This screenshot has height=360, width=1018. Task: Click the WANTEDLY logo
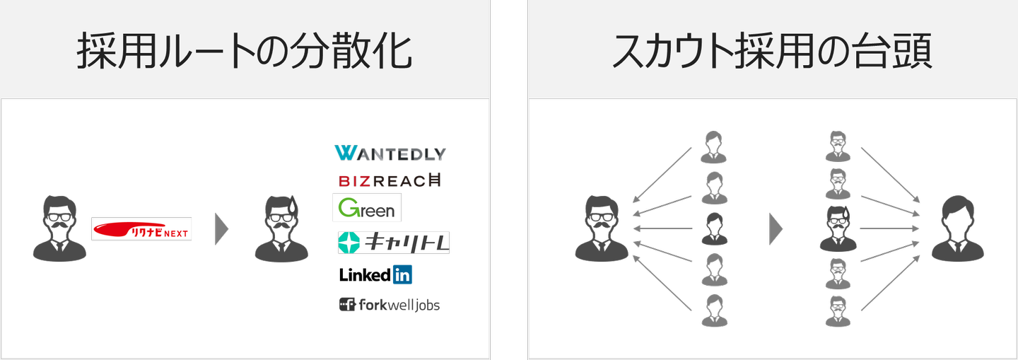click(x=390, y=153)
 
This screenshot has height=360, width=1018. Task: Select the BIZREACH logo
click(x=390, y=181)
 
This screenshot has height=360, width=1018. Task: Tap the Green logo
click(x=367, y=208)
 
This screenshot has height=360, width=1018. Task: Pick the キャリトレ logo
click(x=394, y=243)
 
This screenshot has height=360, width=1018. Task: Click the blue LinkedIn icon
click(x=402, y=275)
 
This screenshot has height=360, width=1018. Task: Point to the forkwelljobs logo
click(x=390, y=306)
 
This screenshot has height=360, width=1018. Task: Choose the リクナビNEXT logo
click(x=141, y=229)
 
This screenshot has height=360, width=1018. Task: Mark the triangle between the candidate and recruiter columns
click(x=776, y=229)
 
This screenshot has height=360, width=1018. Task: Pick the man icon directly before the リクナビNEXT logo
click(x=59, y=228)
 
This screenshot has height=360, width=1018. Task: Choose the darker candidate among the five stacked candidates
click(x=712, y=228)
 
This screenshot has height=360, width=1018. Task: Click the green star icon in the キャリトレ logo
click(x=351, y=243)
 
